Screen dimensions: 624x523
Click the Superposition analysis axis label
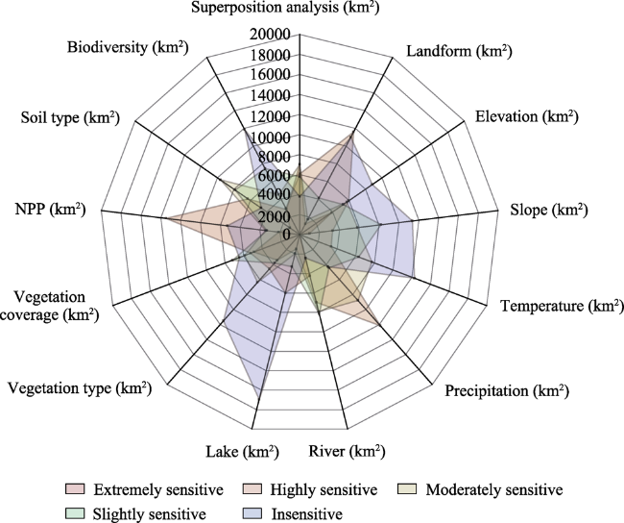click(285, 7)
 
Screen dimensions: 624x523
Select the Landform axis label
click(459, 51)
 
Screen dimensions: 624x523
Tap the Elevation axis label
click(527, 116)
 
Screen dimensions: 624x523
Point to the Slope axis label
click(549, 210)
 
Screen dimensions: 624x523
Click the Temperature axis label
click(562, 306)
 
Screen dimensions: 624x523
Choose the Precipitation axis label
click(507, 390)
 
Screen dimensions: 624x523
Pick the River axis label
click(347, 452)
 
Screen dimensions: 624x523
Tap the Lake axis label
click(242, 452)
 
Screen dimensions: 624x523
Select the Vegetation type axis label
click(80, 387)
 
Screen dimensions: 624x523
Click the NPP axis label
click(51, 209)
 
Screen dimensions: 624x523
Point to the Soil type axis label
click(70, 118)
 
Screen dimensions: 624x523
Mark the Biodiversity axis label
click(128, 47)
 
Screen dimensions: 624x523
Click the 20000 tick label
click(270, 35)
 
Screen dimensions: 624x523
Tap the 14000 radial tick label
click(270, 96)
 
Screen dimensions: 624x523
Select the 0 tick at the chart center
click(286, 235)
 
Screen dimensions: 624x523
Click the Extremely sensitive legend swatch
click(75, 488)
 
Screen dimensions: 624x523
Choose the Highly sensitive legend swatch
click(252, 488)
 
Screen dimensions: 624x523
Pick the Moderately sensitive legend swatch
click(407, 488)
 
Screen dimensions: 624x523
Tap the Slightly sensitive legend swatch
click(75, 513)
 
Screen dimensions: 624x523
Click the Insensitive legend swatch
click(252, 513)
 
